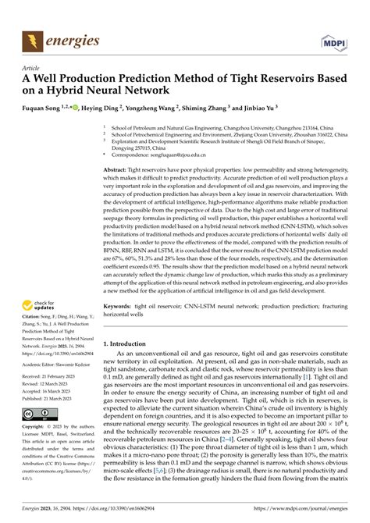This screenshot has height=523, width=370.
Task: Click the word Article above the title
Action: pyautogui.click(x=33, y=68)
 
